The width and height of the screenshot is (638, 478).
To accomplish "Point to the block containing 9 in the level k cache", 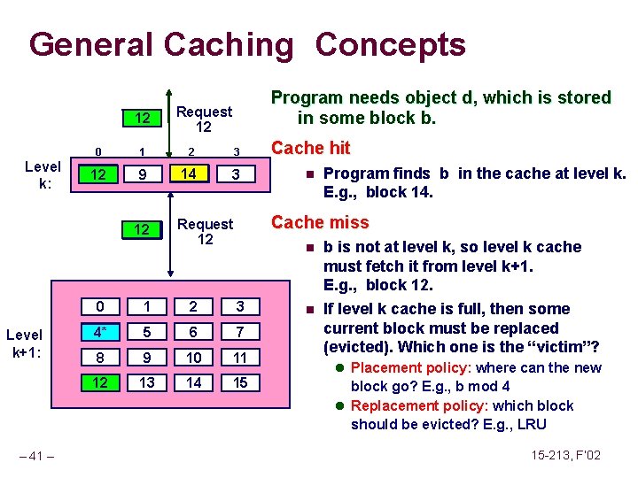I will pos(142,175).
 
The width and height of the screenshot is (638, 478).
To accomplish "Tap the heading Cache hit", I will pos(310,148).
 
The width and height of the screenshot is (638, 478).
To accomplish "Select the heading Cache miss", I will pos(319,222).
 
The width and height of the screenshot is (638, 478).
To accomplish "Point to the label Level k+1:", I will pos(24,343).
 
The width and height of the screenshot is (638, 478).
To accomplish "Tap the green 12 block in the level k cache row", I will pos(100,175).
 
